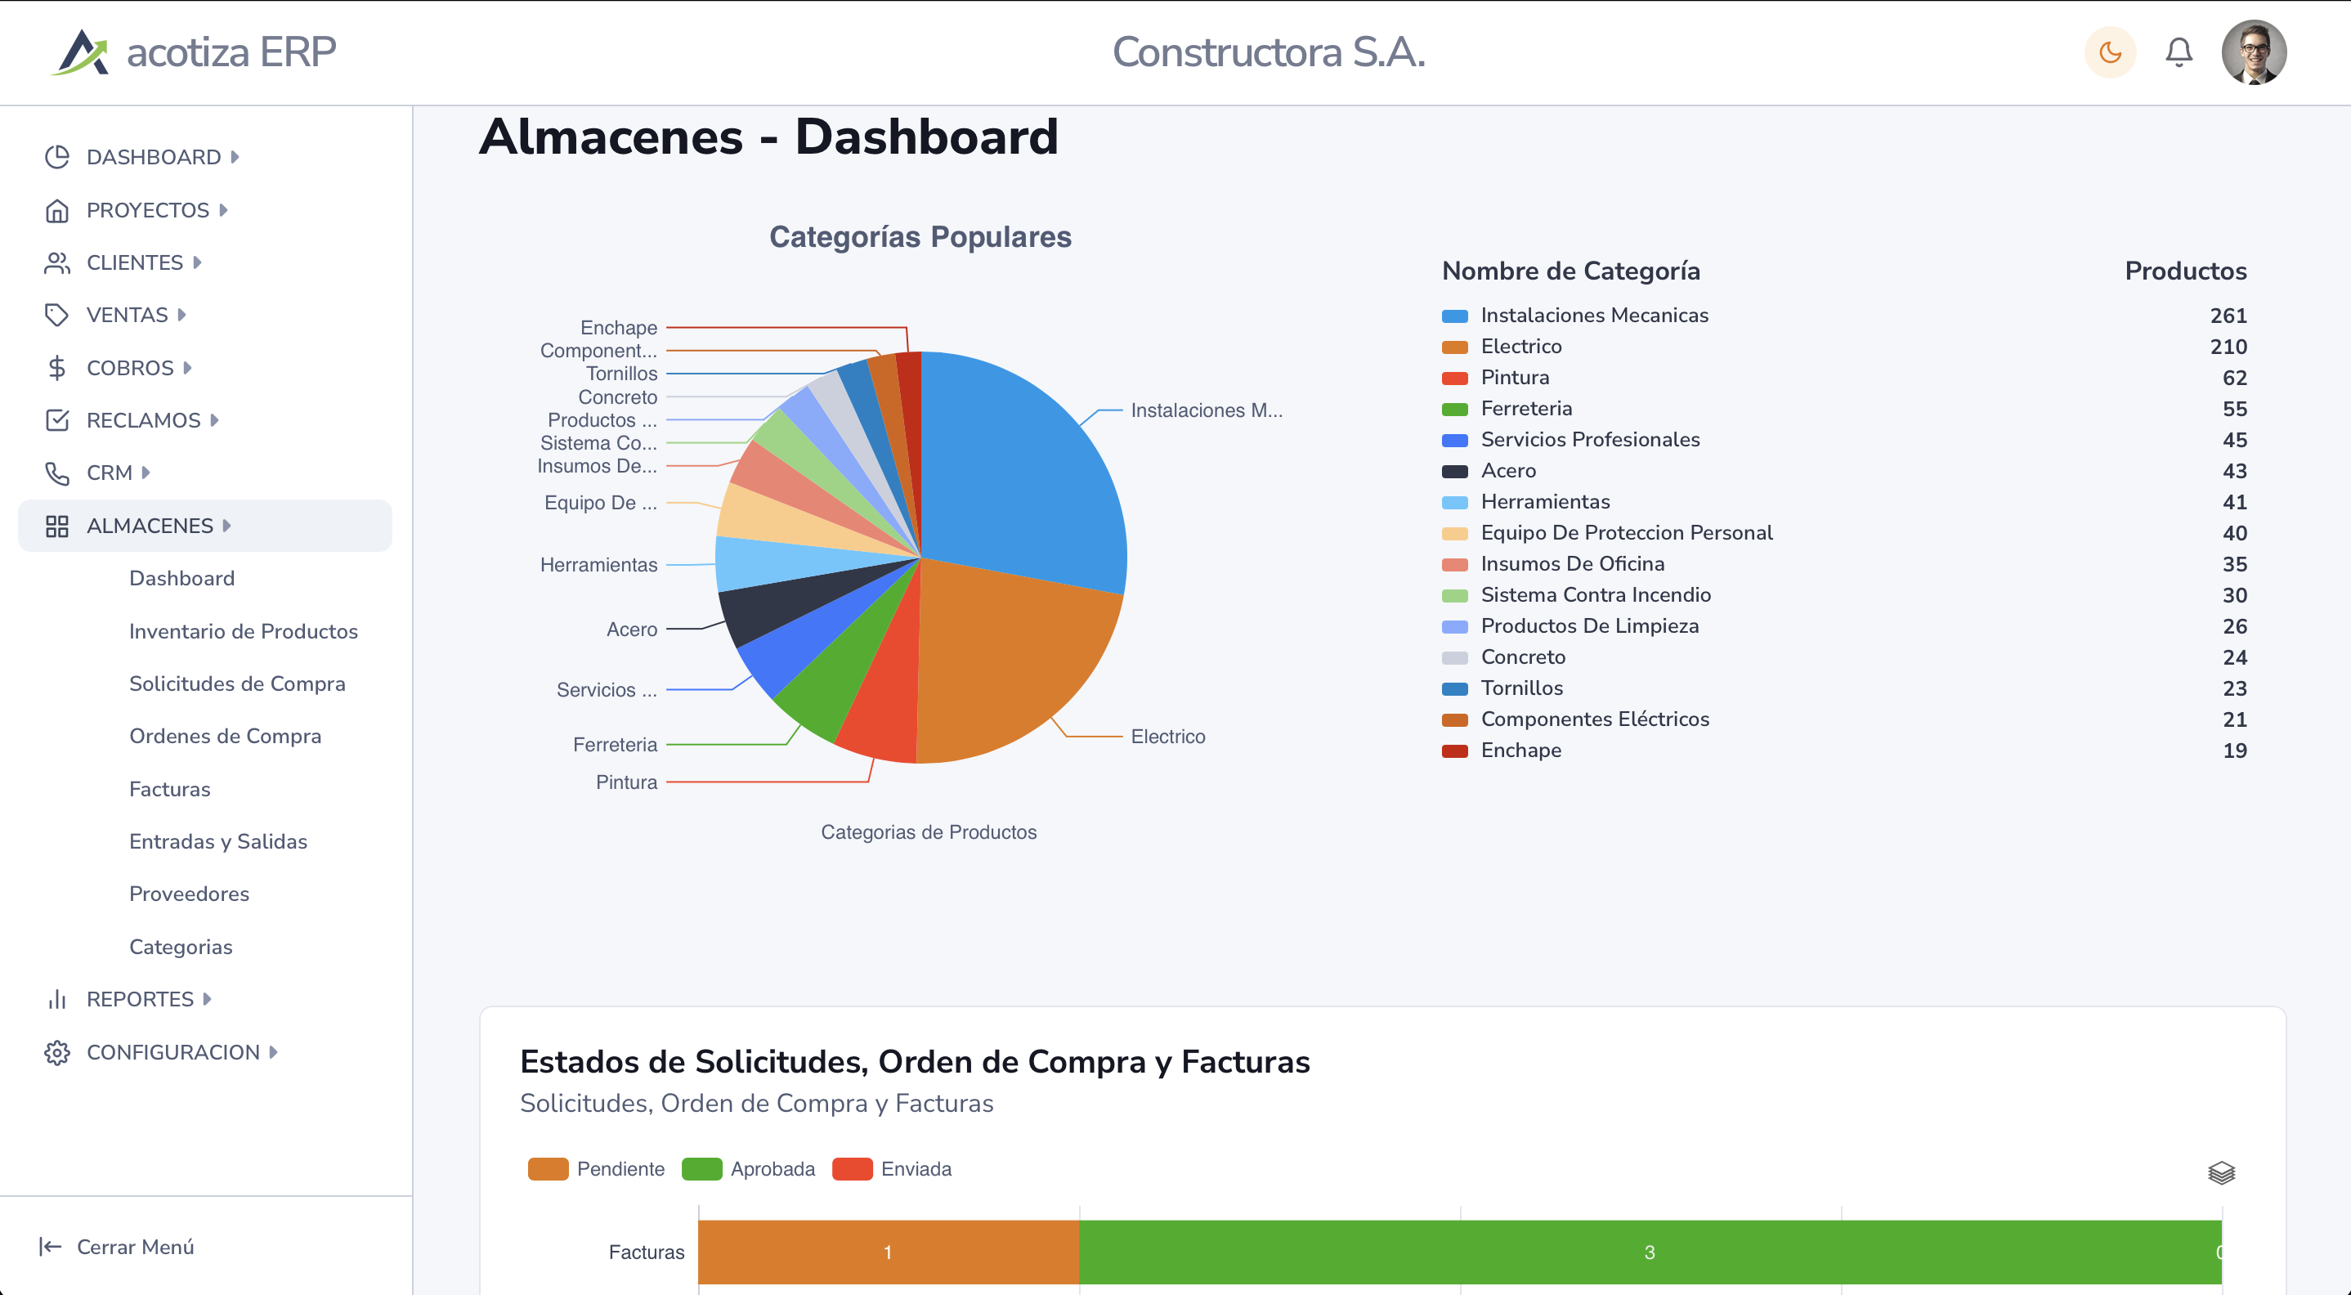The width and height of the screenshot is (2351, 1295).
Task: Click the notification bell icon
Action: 2179,52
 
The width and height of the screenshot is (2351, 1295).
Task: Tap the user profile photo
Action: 2254,52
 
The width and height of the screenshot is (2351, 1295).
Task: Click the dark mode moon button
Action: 2109,52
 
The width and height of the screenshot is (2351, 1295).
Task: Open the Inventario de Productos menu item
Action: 243,630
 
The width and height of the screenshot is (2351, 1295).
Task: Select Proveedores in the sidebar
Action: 189,894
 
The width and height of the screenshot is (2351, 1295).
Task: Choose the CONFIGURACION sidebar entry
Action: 172,1052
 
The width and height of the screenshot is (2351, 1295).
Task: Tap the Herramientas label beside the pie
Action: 598,565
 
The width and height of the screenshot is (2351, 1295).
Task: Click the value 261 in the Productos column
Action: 2228,316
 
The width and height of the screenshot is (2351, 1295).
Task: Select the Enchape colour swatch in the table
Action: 1454,751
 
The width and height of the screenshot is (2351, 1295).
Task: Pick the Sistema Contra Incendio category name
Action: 1596,595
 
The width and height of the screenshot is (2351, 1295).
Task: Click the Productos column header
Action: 2185,271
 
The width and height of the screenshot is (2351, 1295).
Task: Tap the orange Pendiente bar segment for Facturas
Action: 887,1252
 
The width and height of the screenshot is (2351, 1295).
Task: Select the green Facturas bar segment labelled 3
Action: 1648,1252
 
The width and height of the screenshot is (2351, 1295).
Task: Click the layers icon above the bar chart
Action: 2220,1172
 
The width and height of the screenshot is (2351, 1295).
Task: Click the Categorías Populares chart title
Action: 920,236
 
